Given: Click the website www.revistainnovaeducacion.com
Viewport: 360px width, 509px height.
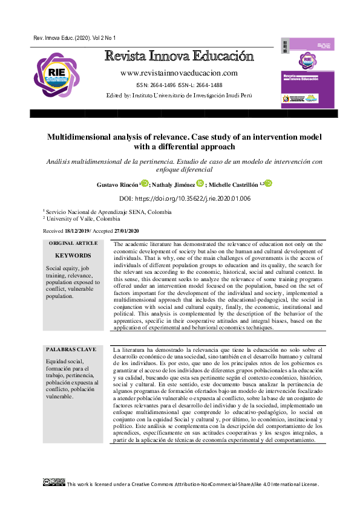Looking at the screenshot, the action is click(179, 73).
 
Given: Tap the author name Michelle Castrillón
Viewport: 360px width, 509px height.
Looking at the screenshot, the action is click(234, 184).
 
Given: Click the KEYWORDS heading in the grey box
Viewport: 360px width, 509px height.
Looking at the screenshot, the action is click(73, 256).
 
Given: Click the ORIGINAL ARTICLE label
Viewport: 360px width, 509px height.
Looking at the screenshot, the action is click(73, 243).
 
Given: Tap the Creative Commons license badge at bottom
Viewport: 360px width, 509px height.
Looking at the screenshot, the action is click(54, 482).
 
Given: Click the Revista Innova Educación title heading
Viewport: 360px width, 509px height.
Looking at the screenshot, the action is click(179, 57).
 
